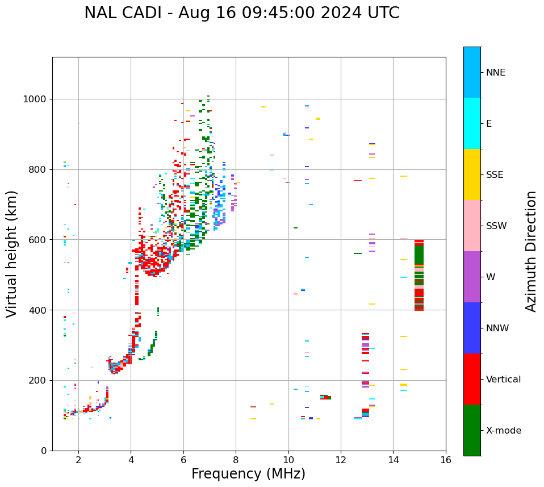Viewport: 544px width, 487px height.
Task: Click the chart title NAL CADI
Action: point(241,13)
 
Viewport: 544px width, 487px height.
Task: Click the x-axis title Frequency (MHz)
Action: point(248,474)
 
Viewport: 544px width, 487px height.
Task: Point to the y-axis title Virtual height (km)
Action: point(12,253)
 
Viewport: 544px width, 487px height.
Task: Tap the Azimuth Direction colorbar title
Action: point(531,251)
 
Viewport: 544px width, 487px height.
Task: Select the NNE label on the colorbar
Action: point(495,73)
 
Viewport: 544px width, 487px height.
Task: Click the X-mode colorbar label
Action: point(503,431)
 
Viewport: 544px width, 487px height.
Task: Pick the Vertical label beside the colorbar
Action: point(503,380)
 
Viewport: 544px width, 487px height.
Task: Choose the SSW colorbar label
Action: point(496,226)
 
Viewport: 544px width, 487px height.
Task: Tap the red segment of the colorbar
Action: point(472,379)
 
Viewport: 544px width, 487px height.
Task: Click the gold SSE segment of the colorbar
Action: point(472,174)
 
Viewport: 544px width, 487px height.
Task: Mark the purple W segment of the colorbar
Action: point(472,277)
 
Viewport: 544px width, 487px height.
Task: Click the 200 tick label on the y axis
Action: point(40,381)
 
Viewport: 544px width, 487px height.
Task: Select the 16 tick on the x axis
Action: point(446,459)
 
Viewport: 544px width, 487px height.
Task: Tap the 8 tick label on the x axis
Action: point(236,459)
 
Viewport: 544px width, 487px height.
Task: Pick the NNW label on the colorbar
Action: point(497,328)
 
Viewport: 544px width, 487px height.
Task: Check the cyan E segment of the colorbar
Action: point(472,123)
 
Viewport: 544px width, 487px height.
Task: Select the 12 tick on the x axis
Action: point(341,459)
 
